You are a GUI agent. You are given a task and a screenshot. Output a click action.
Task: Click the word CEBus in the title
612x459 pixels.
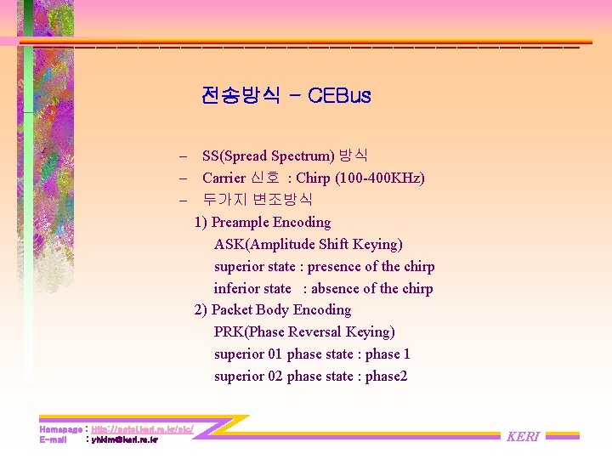pyautogui.click(x=340, y=95)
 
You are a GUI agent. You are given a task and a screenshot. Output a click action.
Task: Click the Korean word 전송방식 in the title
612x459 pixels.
pyautogui.click(x=241, y=95)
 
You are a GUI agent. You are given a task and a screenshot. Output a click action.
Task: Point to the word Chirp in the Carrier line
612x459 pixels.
pyautogui.click(x=314, y=178)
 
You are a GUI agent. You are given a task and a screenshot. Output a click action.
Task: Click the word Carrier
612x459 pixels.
pyautogui.click(x=224, y=178)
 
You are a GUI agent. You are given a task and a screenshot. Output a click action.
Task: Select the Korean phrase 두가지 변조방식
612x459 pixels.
pyautogui.click(x=258, y=200)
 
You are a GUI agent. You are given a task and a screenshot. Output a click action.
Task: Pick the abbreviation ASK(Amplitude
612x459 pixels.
pyautogui.click(x=265, y=244)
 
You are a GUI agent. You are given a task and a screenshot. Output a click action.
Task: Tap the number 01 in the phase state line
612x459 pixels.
pyautogui.click(x=275, y=354)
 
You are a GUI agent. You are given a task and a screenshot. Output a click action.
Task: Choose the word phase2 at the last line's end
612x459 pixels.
pyautogui.click(x=386, y=376)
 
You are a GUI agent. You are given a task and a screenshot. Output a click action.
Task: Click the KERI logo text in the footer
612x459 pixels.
pyautogui.click(x=524, y=436)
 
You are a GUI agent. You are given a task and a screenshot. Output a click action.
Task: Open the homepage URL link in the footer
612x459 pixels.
pyautogui.click(x=142, y=430)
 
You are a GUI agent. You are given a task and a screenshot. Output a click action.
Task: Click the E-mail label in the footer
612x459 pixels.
pyautogui.click(x=54, y=440)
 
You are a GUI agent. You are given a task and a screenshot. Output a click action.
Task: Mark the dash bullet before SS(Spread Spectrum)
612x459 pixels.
pyautogui.click(x=183, y=156)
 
